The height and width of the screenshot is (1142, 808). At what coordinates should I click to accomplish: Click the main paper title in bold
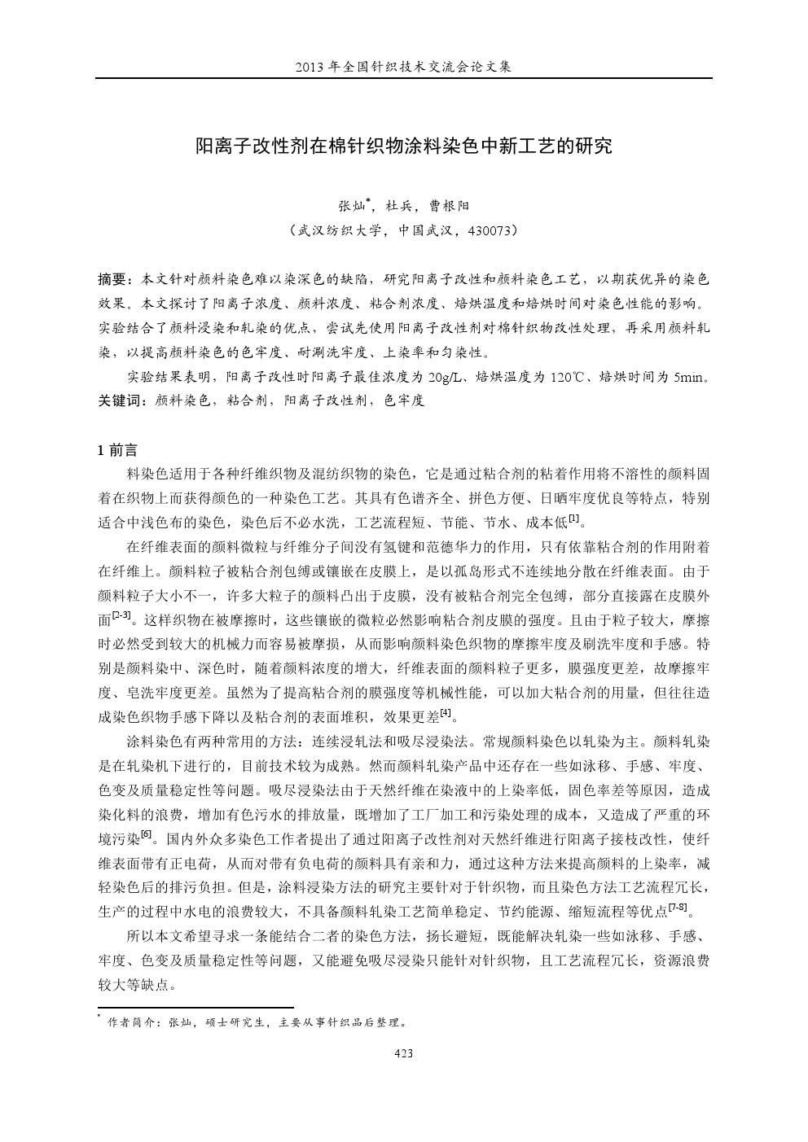(x=403, y=147)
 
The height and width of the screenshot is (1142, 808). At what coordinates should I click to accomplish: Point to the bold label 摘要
(x=112, y=280)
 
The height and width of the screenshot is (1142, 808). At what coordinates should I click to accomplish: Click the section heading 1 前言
(x=117, y=450)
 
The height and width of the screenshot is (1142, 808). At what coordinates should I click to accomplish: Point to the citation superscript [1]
(x=574, y=518)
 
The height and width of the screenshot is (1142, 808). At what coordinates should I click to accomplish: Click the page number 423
(x=403, y=1053)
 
